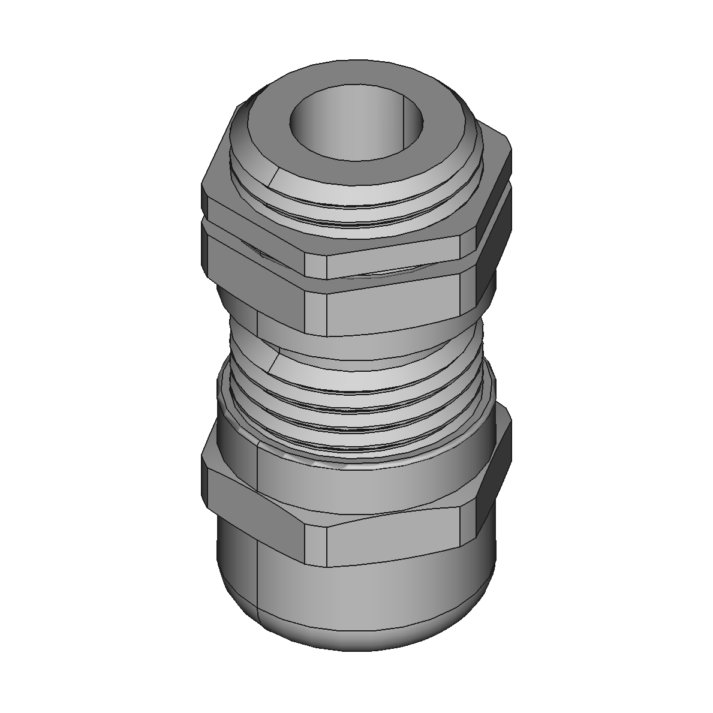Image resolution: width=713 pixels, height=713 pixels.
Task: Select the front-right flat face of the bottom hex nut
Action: click(x=396, y=540)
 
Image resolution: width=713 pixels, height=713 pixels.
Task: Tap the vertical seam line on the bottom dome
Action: click(x=257, y=588)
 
